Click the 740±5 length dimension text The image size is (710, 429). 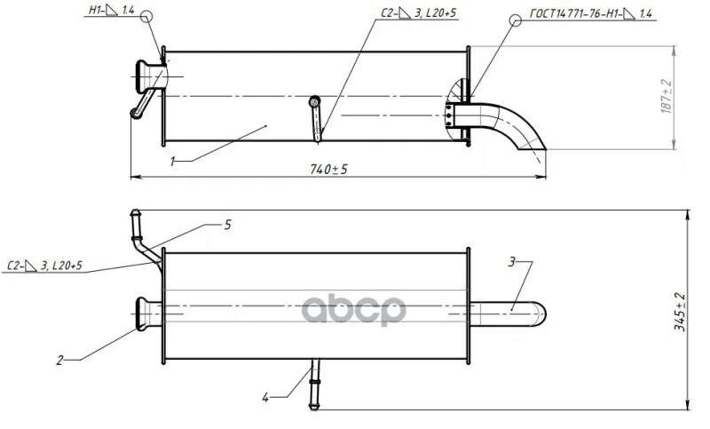[328, 169]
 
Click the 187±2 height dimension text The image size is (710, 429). [667, 96]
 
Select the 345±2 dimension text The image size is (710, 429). [680, 312]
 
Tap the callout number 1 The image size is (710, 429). [172, 162]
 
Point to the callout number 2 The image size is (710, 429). [60, 360]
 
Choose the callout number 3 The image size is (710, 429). [512, 261]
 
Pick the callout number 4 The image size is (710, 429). [265, 397]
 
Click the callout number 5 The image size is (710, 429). [228, 224]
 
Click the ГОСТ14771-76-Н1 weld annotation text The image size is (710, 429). [591, 13]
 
